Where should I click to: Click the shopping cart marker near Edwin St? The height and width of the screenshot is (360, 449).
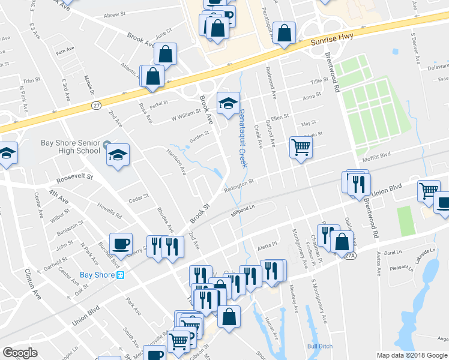pos(301,147)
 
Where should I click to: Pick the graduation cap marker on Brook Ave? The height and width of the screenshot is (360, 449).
pos(228,104)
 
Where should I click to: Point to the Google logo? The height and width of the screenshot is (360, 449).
pos(20,353)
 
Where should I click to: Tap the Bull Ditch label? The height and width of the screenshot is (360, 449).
pos(319,346)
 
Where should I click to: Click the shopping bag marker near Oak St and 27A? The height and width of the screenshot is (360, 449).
pos(342,242)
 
